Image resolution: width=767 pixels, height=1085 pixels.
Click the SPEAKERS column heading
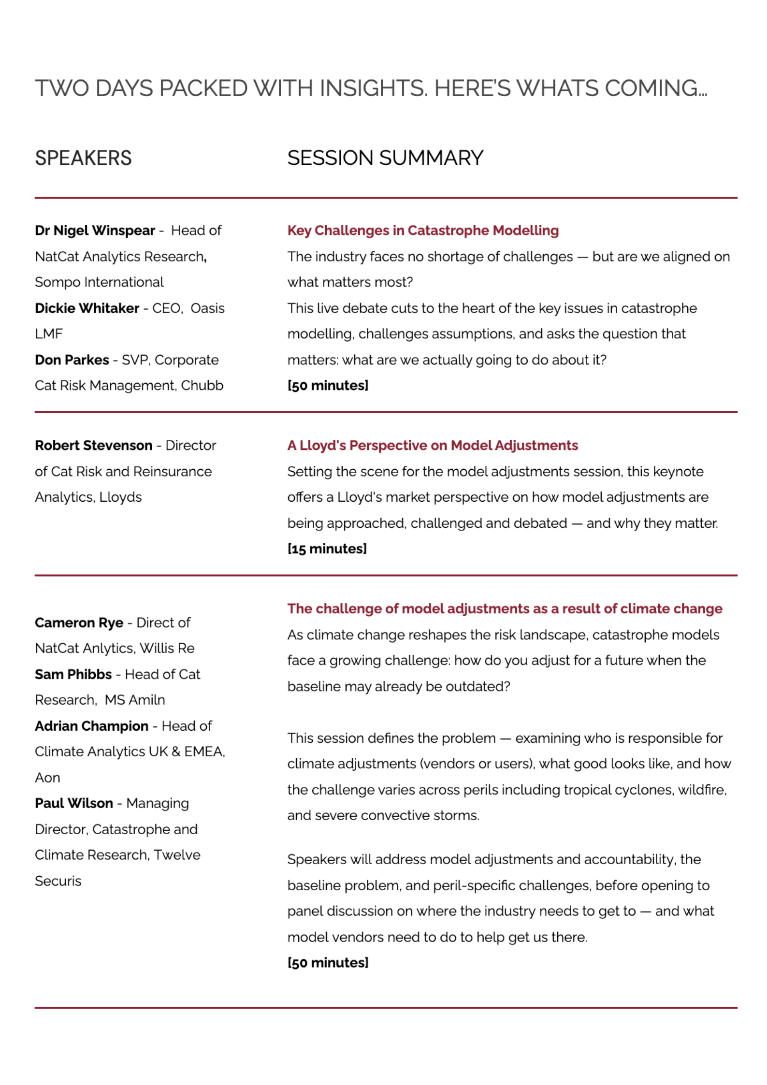coord(83,158)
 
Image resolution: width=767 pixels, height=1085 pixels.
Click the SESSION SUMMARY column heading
coord(385,158)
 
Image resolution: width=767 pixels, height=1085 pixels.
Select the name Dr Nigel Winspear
coord(95,231)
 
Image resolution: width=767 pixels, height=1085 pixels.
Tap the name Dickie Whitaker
coord(87,308)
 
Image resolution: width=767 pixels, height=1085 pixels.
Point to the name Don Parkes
coord(72,360)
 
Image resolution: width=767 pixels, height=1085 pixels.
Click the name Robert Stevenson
coord(93,445)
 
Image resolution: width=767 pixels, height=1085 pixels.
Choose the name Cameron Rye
coord(79,622)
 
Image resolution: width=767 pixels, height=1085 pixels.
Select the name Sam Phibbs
coord(73,674)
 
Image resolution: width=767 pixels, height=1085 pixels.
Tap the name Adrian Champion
coord(91,726)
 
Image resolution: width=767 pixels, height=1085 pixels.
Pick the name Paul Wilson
coord(73,803)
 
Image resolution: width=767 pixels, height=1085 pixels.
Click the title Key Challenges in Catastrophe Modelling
coord(423,231)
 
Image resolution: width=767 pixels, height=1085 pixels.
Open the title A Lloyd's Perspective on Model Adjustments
coord(433,445)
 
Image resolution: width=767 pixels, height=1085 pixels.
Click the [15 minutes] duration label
coord(327,549)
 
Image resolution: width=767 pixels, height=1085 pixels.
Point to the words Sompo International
coord(99,282)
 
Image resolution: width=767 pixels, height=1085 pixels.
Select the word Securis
coord(58,881)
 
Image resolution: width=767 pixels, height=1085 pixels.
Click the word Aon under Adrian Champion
coord(47,778)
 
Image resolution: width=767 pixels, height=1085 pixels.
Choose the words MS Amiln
coord(135,700)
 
